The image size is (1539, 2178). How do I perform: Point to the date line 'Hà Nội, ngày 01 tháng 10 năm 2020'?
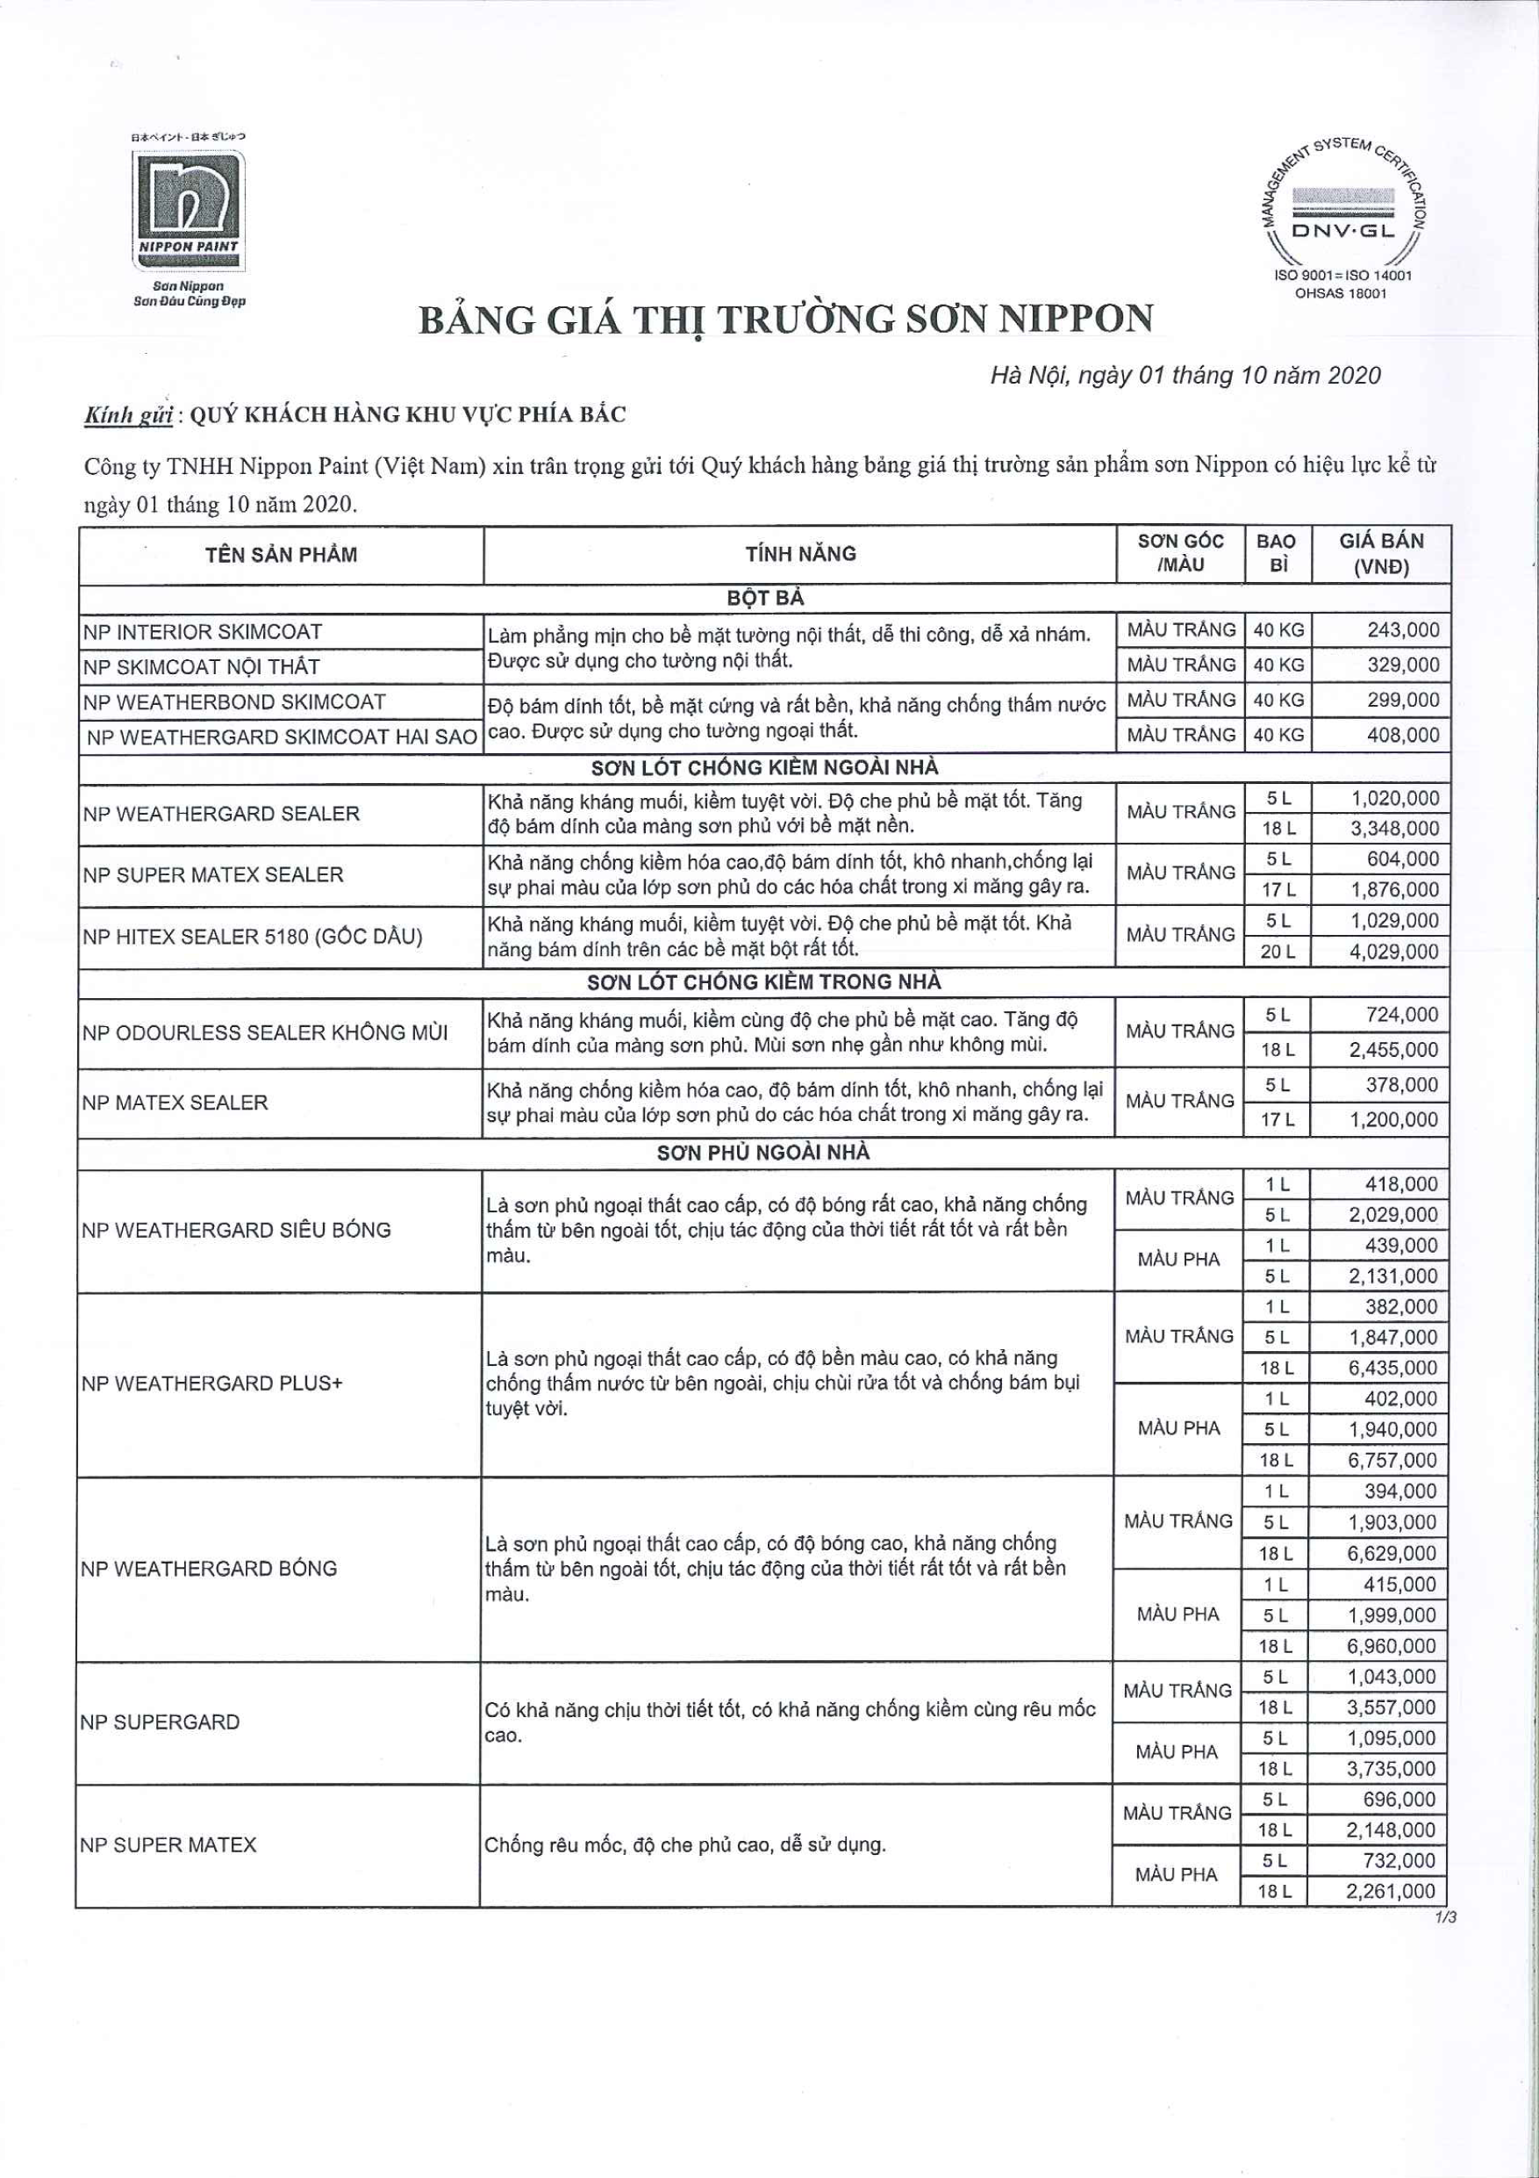pyautogui.click(x=1185, y=376)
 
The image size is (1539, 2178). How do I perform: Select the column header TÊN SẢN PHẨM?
pyautogui.click(x=281, y=555)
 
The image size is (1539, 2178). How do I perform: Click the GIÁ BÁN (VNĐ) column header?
pyautogui.click(x=1381, y=554)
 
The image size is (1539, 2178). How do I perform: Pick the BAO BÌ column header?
pyautogui.click(x=1276, y=554)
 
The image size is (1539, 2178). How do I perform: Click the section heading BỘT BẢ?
pyautogui.click(x=765, y=599)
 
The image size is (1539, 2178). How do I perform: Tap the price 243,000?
pyautogui.click(x=1402, y=630)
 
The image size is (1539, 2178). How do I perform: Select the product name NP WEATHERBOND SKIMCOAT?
pyautogui.click(x=234, y=702)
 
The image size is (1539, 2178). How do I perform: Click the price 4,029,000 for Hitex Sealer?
pyautogui.click(x=1393, y=952)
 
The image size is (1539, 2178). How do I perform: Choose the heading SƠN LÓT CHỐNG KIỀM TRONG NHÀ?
pyautogui.click(x=764, y=981)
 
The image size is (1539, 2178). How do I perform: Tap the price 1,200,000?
pyautogui.click(x=1394, y=1119)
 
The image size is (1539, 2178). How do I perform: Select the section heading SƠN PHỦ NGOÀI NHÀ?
pyautogui.click(x=763, y=1153)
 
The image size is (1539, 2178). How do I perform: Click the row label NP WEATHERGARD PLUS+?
pyautogui.click(x=212, y=1383)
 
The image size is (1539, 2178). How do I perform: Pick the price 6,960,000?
pyautogui.click(x=1391, y=1646)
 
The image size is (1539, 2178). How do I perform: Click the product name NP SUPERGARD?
pyautogui.click(x=161, y=1722)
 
